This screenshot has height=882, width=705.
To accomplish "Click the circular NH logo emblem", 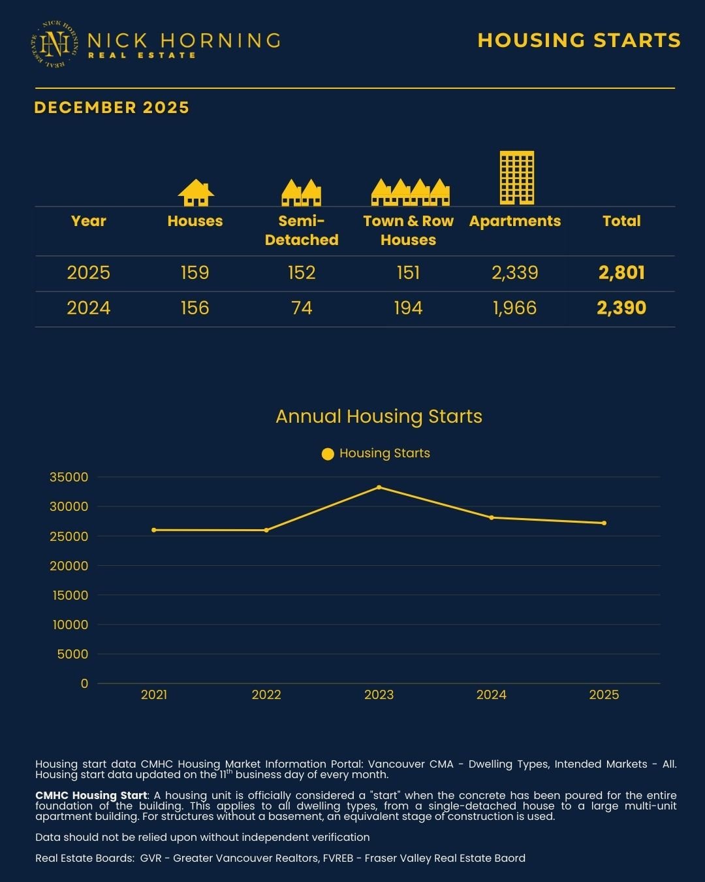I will point(55,44).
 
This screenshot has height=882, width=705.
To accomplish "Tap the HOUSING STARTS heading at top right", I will point(579,41).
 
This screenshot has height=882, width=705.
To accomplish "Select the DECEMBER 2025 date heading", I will point(112,108).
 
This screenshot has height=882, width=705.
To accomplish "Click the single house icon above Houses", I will point(196,193).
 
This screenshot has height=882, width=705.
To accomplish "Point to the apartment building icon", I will point(516,178).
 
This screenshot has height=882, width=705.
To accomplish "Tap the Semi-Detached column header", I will point(302,231).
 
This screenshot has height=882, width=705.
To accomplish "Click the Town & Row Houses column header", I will point(408,231).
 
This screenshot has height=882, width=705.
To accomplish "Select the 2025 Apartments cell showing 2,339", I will point(515,272).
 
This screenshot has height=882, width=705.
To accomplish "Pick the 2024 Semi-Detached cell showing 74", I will point(302,308).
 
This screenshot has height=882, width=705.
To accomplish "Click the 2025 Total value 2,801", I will point(621,272).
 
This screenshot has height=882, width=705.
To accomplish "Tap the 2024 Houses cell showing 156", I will point(195,308).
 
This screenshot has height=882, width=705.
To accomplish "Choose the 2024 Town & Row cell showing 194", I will point(408,308).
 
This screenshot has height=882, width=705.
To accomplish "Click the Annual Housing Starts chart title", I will point(379,416).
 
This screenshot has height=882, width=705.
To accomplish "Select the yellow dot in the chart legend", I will point(328,454).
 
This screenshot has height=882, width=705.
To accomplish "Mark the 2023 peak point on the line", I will point(379,487).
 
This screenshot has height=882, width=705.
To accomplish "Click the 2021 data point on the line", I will point(154,530).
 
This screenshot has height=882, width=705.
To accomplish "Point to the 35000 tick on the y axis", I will point(69,477).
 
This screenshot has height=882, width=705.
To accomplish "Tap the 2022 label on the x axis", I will point(266,694).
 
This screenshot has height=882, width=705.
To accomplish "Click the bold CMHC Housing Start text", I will point(91,795).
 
